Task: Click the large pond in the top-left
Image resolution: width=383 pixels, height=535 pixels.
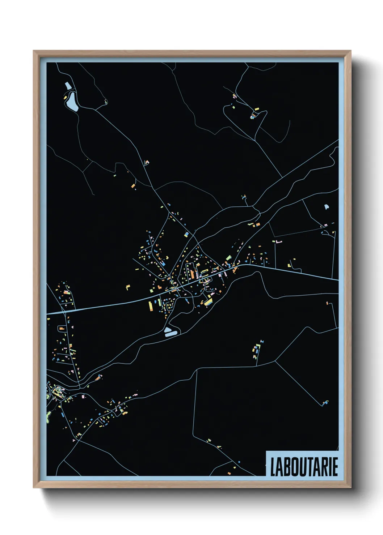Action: coord(71,100)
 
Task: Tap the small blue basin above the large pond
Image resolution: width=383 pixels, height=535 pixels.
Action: coord(68,86)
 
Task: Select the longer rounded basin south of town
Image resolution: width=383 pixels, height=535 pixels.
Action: coord(171,331)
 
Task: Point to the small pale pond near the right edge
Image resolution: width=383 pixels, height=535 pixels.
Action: coord(326,207)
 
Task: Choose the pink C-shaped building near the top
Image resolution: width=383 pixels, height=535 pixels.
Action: coord(234,96)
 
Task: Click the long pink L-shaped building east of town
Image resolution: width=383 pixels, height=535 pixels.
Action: coord(278,241)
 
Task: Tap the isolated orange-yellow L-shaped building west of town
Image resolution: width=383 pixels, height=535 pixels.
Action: coord(127,287)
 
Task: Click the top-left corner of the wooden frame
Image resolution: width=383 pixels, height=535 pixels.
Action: coord(34,51)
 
